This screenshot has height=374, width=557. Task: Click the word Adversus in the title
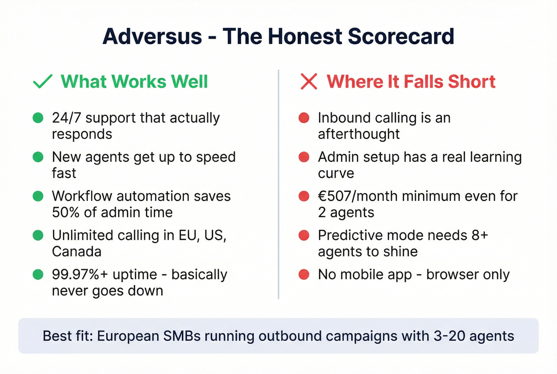click(x=152, y=36)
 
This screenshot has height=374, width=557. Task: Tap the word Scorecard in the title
click(x=401, y=36)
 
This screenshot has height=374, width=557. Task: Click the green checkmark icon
click(x=43, y=82)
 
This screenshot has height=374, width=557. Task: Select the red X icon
click(x=309, y=82)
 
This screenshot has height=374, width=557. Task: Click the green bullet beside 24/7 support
click(x=38, y=118)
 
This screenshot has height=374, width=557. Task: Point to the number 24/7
click(x=66, y=118)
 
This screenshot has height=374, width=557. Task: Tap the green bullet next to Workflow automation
click(x=38, y=196)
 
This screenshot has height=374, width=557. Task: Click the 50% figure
click(x=66, y=212)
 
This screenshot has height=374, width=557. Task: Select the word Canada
click(x=77, y=251)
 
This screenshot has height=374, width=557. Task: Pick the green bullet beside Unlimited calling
click(x=38, y=235)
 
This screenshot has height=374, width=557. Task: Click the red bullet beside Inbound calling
click(x=304, y=118)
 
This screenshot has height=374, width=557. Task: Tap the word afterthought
click(x=358, y=134)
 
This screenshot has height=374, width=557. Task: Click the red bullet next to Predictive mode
click(x=304, y=235)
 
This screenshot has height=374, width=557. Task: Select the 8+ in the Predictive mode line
click(x=479, y=235)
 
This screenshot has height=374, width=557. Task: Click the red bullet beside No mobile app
click(x=304, y=274)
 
